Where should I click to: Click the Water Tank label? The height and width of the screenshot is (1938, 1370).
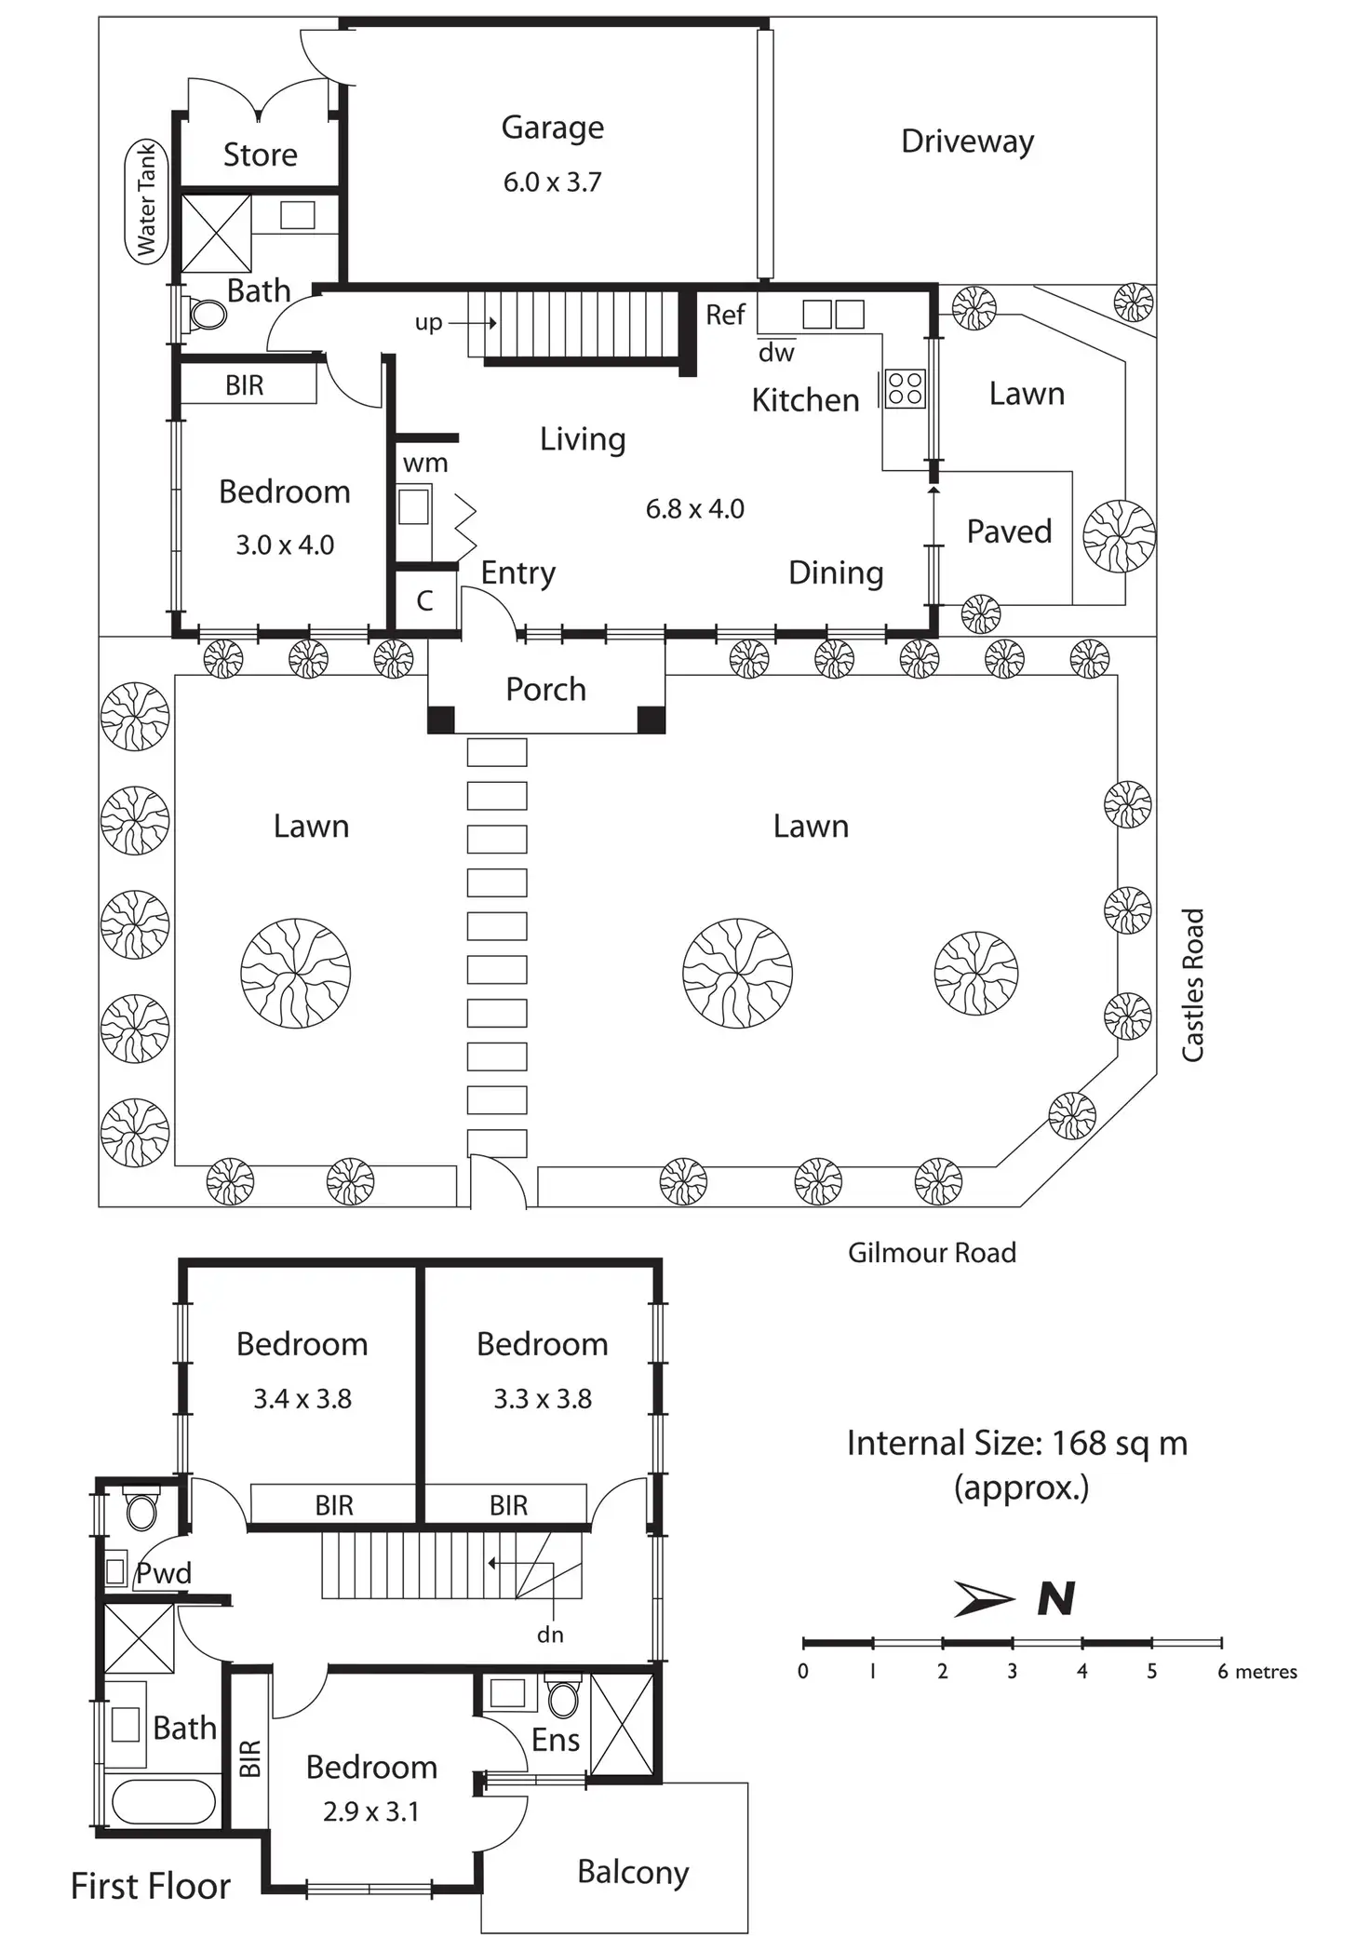(x=146, y=201)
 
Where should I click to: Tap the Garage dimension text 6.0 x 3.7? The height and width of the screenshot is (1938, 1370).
(x=552, y=182)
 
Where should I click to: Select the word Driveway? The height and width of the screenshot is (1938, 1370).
(x=967, y=141)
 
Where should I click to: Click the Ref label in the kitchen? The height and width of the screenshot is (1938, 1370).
(x=725, y=316)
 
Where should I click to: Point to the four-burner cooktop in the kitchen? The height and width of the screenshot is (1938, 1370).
(x=905, y=389)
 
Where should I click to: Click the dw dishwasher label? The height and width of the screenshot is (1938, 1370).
(x=776, y=353)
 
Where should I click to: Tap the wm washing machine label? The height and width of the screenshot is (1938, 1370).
(x=425, y=464)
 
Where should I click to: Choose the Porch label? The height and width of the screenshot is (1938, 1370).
(x=545, y=690)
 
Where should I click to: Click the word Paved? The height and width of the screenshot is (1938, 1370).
(x=1009, y=532)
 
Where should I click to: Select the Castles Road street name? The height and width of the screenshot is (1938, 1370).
(x=1192, y=985)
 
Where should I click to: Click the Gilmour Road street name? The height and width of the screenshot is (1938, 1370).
(x=932, y=1253)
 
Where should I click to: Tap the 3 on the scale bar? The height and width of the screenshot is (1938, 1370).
(x=1012, y=1672)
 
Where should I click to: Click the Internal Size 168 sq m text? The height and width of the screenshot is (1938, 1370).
(x=1016, y=1444)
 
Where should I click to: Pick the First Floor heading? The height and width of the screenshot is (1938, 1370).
(x=151, y=1886)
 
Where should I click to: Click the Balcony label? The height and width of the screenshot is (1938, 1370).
(x=633, y=1872)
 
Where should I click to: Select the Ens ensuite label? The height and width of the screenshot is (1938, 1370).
(x=556, y=1740)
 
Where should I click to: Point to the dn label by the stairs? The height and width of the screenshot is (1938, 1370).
(x=550, y=1635)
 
